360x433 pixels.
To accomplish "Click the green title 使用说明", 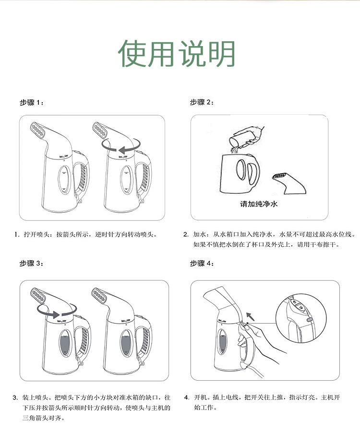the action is pyautogui.click(x=177, y=54).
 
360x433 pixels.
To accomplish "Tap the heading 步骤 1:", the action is pyautogui.click(x=32, y=103).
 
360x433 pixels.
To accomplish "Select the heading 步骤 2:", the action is pyautogui.click(x=202, y=102).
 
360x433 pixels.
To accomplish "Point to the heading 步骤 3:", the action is pyautogui.click(x=32, y=264).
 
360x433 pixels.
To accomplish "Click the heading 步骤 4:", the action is pyautogui.click(x=202, y=264).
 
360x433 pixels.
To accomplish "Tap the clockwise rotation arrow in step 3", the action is pyautogui.click(x=57, y=314).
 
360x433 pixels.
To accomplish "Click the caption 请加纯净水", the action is pyautogui.click(x=259, y=204).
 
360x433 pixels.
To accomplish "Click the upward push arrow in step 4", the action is pyautogui.click(x=250, y=316).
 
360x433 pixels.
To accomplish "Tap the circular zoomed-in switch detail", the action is pyautogui.click(x=301, y=319).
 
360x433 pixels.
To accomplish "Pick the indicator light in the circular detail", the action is pyautogui.click(x=310, y=320).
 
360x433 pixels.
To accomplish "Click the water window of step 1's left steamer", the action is pyautogui.click(x=64, y=180).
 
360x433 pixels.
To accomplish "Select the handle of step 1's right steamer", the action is pyautogui.click(x=144, y=175).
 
